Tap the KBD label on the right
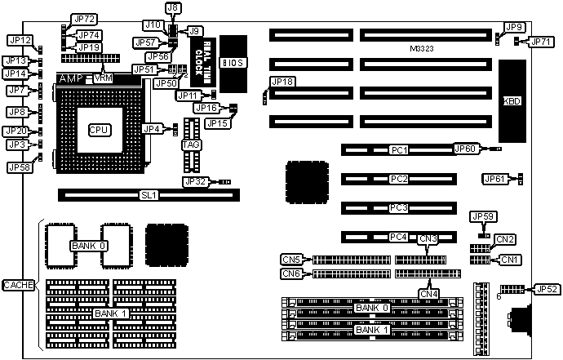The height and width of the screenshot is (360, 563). (512, 101)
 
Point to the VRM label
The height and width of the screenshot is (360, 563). (104, 78)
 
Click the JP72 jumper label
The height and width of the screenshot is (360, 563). (84, 19)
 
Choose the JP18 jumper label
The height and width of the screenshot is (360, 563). (282, 82)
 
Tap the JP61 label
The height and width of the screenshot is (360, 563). (494, 178)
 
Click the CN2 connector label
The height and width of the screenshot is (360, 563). (507, 239)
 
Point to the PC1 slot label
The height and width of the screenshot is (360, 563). (398, 150)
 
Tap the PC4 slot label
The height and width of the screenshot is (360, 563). (398, 237)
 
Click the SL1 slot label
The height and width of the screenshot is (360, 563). (148, 195)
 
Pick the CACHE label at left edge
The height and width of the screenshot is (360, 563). (17, 284)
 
